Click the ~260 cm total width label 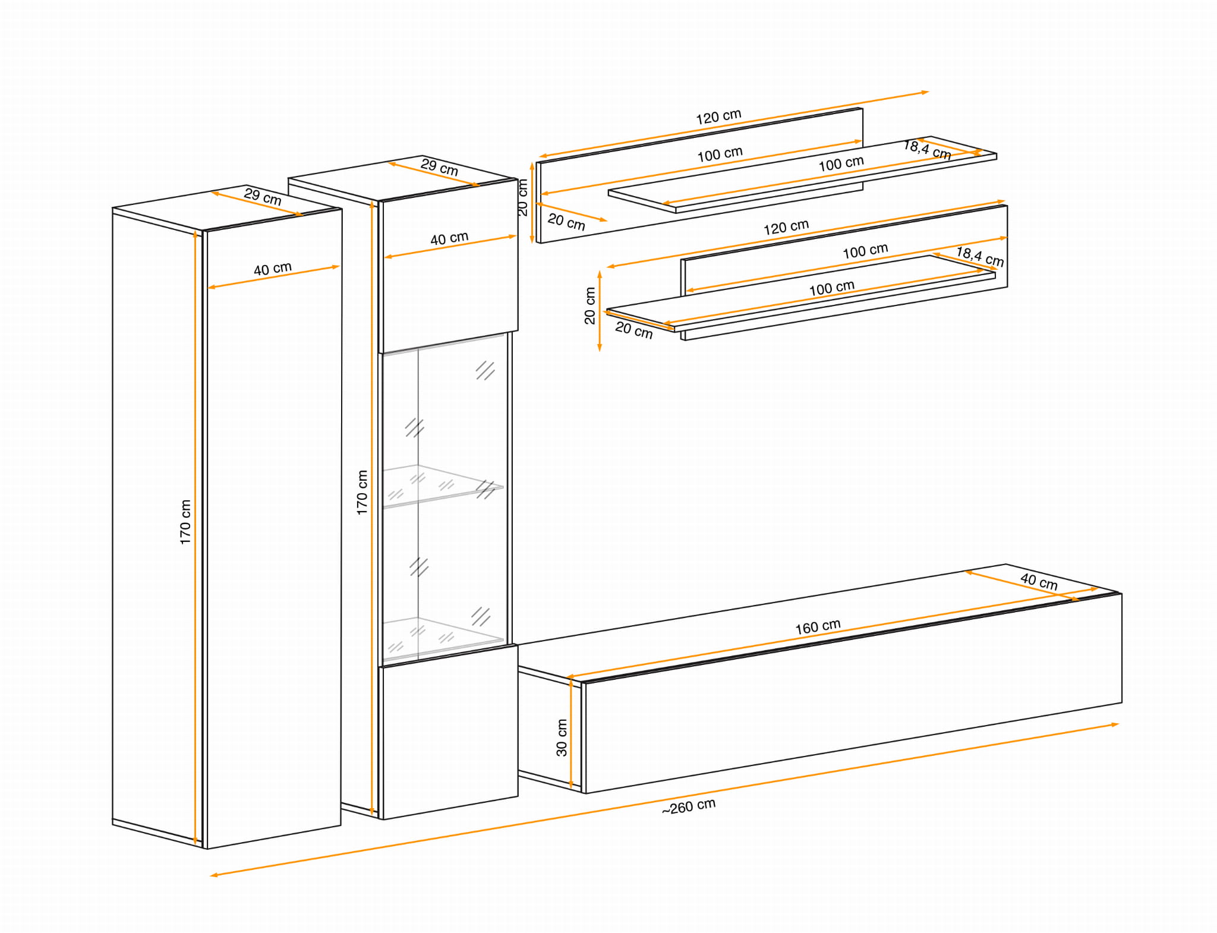click(689, 806)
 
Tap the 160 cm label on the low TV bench click(818, 626)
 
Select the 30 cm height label click(562, 737)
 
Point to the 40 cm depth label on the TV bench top click(1039, 581)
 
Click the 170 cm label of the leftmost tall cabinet click(185, 522)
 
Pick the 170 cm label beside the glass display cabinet click(362, 492)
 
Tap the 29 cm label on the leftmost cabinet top click(262, 196)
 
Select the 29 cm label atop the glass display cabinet click(439, 167)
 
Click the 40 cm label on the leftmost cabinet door click(273, 269)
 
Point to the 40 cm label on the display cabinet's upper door click(449, 238)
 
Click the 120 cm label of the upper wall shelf click(718, 116)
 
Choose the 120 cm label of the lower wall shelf click(786, 227)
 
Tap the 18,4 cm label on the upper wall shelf click(927, 149)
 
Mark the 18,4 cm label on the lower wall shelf click(980, 256)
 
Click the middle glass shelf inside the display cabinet click(442, 486)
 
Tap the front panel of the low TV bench click(853, 693)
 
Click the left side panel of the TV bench click(550, 728)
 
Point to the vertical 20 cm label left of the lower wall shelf click(589, 305)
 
